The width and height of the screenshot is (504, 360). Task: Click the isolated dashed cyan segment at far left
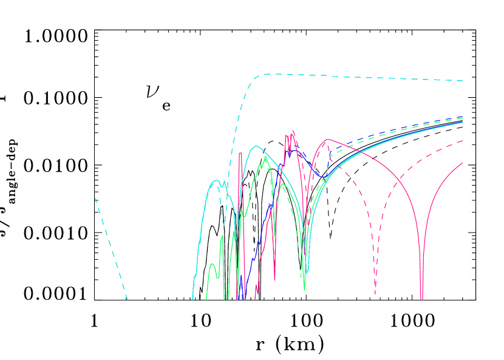pos(111,248)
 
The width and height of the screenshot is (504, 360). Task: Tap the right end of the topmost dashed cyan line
pos(463,80)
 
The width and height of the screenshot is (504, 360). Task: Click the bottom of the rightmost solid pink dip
pos(421,297)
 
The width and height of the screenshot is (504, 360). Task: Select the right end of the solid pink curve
pos(463,163)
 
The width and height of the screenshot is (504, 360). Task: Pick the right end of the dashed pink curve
pos(463,141)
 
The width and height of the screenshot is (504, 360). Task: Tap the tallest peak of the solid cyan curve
pos(257,146)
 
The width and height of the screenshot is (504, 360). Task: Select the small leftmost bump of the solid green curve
pos(211,264)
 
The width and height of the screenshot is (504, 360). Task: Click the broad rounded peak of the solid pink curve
pos(328,140)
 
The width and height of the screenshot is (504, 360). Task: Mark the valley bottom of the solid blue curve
pos(324,177)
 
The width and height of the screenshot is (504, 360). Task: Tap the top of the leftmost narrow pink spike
pos(240,153)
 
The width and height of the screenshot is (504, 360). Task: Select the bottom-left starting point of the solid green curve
pos(206,299)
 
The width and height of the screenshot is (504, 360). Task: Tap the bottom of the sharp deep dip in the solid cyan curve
pos(307,273)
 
